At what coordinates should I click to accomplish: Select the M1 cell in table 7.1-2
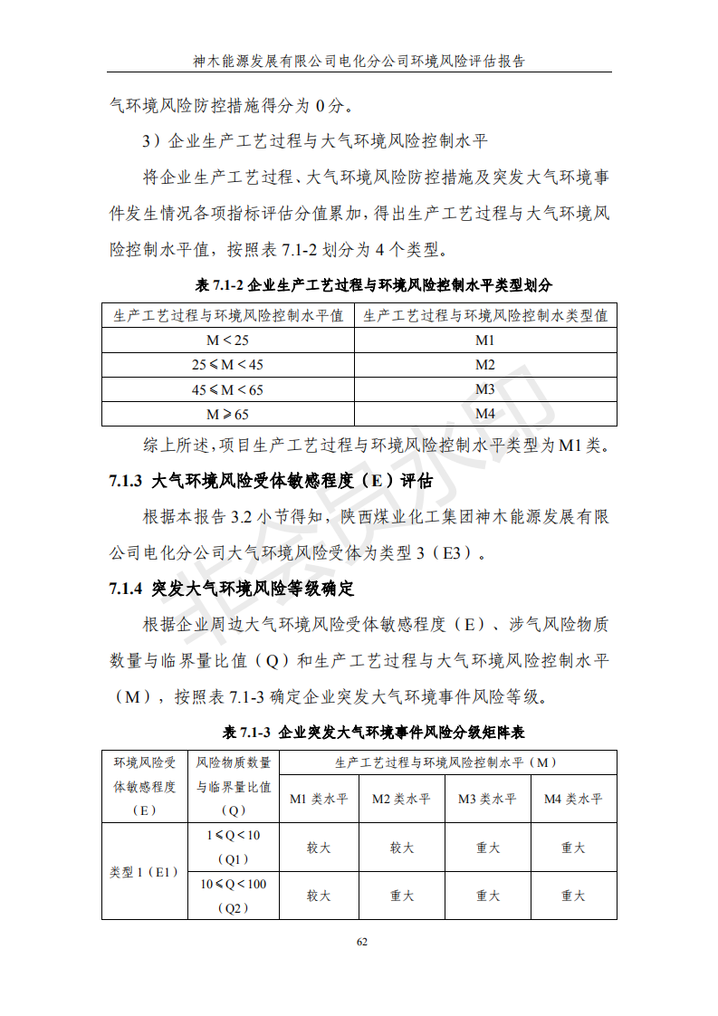(485, 340)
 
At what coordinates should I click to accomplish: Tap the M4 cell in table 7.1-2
(485, 414)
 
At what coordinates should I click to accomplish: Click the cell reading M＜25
(227, 340)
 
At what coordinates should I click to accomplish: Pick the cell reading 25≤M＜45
(227, 365)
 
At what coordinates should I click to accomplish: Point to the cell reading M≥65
(227, 414)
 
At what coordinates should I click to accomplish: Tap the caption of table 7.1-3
(359, 731)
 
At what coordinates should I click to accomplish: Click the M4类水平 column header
(573, 799)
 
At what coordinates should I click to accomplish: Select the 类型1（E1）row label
(145, 871)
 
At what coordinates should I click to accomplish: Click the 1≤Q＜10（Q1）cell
(234, 847)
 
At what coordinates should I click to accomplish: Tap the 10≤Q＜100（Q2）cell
(234, 896)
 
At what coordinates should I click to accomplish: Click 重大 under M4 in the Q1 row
(573, 848)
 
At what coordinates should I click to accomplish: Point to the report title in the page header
(359, 61)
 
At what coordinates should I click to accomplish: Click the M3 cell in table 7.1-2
(485, 389)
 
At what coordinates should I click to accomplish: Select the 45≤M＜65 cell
(227, 389)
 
